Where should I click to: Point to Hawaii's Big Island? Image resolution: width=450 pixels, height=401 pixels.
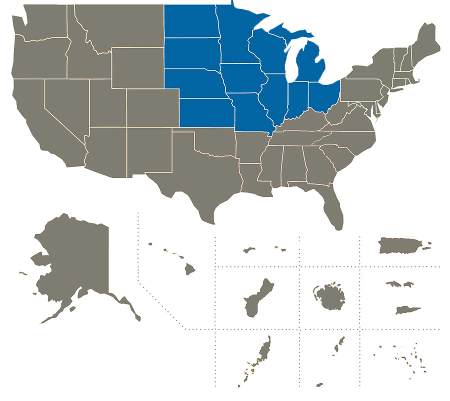[189, 270]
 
